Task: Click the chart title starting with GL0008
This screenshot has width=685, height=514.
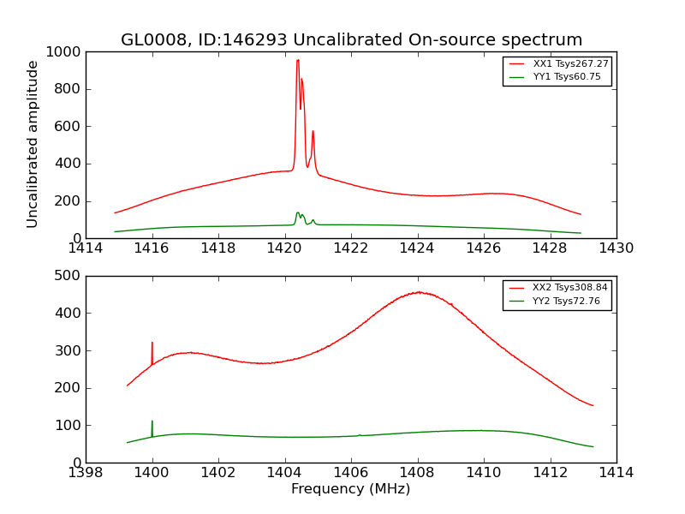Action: pos(351,39)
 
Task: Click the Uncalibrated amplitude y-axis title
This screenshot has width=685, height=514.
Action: pos(33,144)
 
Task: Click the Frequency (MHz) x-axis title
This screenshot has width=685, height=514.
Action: pos(351,489)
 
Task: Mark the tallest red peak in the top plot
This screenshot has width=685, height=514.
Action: pos(298,60)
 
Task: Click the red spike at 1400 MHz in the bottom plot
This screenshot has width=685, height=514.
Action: pos(152,344)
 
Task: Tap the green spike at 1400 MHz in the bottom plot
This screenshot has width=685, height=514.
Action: pos(152,422)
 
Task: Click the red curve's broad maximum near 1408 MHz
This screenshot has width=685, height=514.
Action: pos(418,292)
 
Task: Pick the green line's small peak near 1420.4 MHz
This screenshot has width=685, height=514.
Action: pos(298,212)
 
